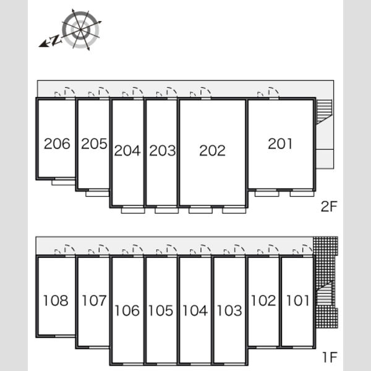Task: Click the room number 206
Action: tap(57, 143)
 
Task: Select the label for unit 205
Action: tap(94, 143)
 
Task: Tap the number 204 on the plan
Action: tap(127, 150)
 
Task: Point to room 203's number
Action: tap(162, 150)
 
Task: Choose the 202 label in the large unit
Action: tap(212, 150)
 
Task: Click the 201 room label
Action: tap(280, 143)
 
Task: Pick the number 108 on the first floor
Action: tap(56, 301)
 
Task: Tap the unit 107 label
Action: tap(94, 301)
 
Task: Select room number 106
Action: tap(127, 310)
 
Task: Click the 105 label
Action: tap(161, 310)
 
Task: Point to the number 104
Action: tap(195, 310)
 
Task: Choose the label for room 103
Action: tap(229, 310)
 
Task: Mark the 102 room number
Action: tap(263, 301)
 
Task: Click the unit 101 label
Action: tap(297, 301)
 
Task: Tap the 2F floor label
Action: tap(329, 207)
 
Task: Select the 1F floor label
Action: tap(330, 357)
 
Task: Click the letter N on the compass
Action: tap(56, 40)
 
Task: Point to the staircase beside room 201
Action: tap(325, 112)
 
